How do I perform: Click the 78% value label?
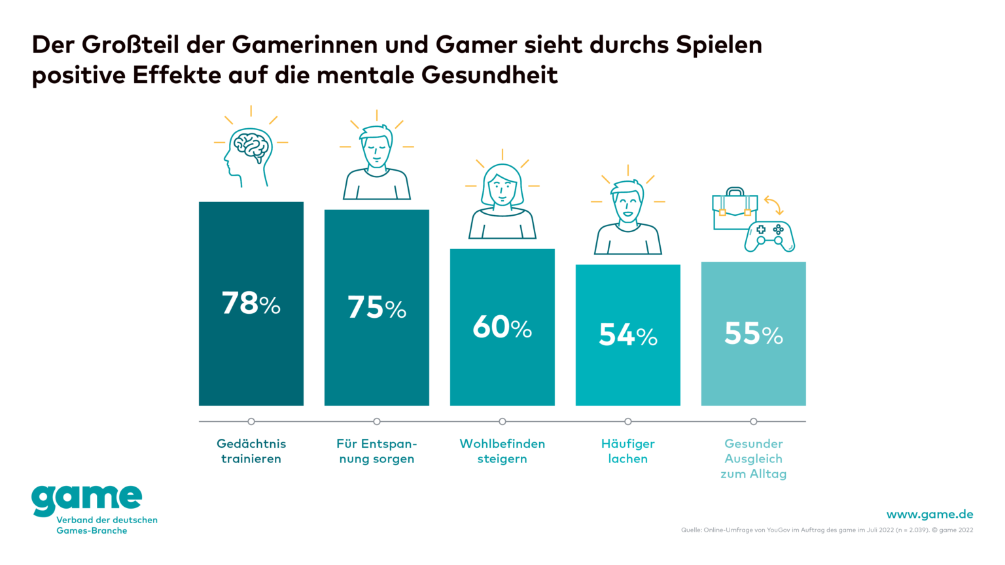point(251,303)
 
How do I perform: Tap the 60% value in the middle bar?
point(502,327)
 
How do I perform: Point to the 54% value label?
point(627,335)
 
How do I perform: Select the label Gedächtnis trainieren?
point(251,451)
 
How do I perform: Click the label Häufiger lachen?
point(627,451)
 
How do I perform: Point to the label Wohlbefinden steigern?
point(502,451)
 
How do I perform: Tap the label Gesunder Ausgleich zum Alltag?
point(753,458)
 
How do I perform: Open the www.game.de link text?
point(929,514)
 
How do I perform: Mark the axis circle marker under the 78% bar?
point(251,422)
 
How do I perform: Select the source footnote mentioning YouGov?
point(826,530)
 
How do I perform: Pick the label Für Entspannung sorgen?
point(377,451)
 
